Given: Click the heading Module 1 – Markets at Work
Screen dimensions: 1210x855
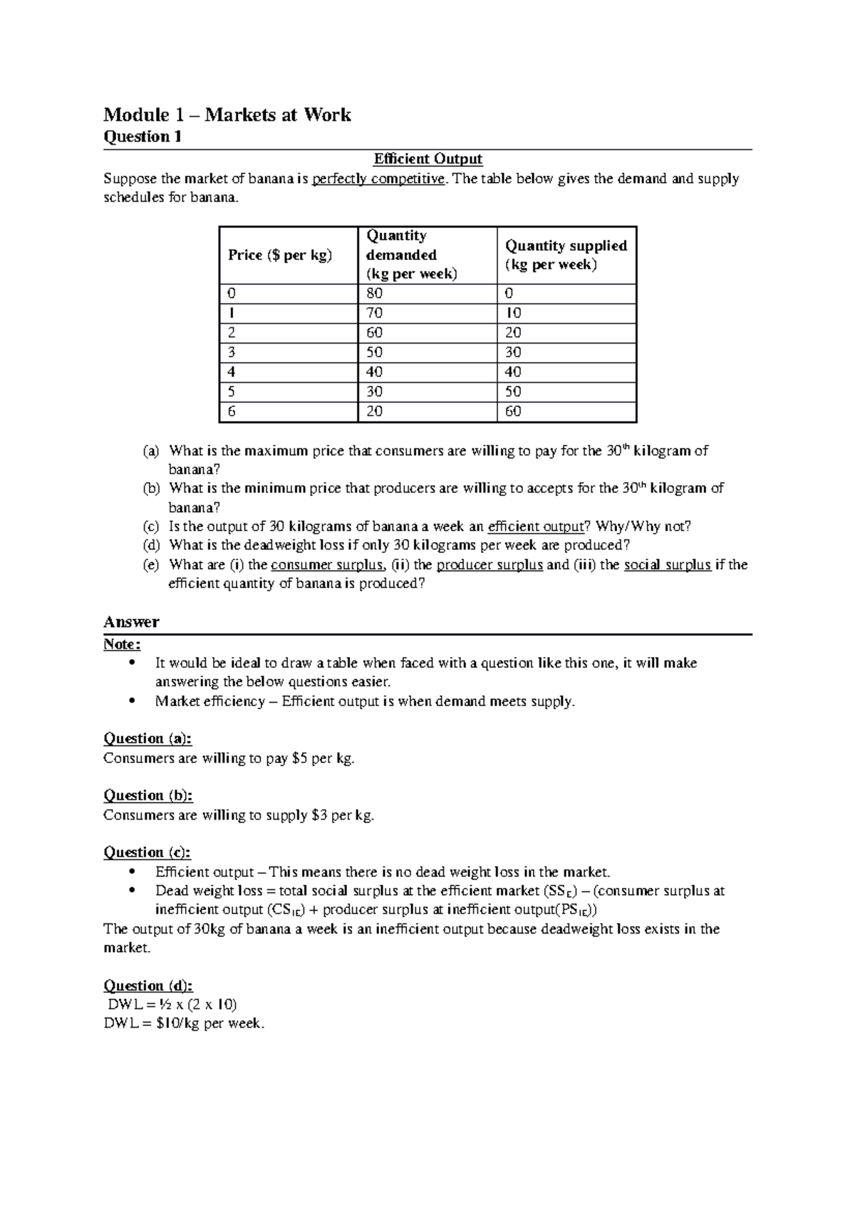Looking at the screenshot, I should [227, 115].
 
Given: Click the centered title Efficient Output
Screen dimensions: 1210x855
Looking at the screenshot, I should [428, 159].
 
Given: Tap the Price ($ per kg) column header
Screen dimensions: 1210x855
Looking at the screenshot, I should [280, 255].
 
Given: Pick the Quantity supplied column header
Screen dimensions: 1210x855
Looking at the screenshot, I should [566, 255].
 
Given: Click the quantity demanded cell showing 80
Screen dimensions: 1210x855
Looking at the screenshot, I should [374, 294].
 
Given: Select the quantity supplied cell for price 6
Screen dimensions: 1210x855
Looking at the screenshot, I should [513, 411].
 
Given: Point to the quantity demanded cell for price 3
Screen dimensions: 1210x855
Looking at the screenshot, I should [374, 353].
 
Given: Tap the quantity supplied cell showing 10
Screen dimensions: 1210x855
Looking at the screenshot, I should [513, 314].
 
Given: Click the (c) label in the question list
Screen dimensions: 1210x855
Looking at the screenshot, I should [150, 527].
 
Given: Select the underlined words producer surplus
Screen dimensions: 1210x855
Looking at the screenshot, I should [489, 565].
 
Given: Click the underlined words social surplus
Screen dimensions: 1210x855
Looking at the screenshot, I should [667, 565].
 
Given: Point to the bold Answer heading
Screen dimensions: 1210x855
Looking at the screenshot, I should [131, 621].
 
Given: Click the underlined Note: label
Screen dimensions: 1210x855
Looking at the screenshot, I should [122, 644].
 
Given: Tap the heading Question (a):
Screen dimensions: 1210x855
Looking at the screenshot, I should [147, 738].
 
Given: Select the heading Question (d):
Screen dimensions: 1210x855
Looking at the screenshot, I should [147, 986].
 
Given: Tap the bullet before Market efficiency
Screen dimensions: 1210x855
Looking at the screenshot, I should [132, 701].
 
